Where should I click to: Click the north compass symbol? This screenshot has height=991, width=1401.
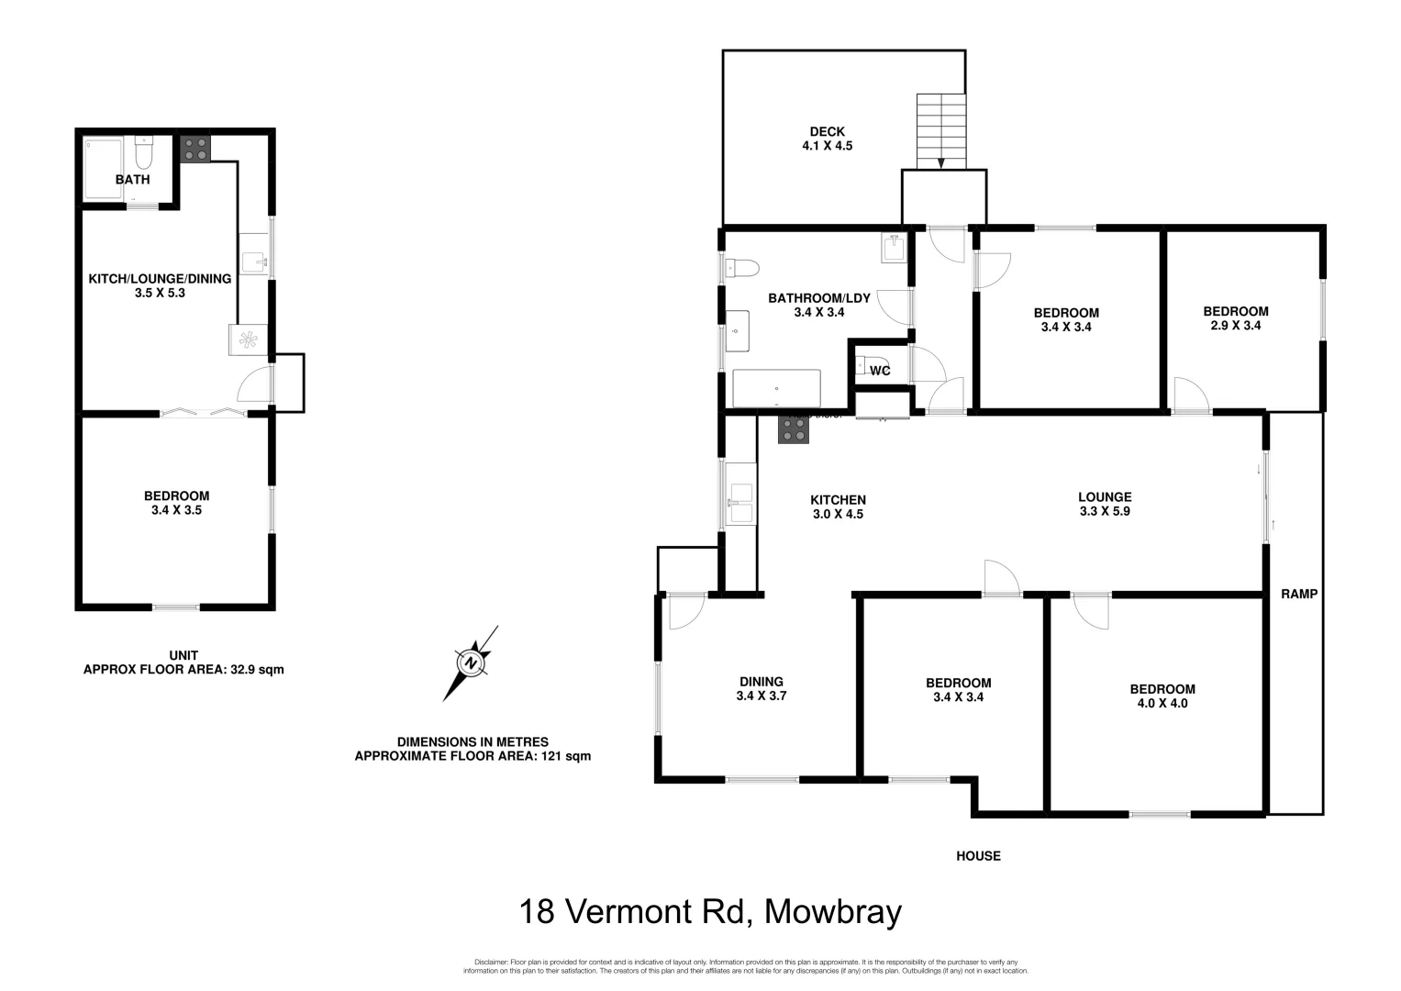[471, 663]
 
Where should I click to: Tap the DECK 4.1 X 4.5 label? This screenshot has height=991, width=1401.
[827, 139]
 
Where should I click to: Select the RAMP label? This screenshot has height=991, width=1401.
[1298, 594]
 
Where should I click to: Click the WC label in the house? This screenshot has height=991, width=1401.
[880, 371]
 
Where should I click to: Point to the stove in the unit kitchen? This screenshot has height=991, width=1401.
[195, 149]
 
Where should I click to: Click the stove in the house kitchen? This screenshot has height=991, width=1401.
[794, 429]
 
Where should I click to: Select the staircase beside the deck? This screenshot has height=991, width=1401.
[941, 130]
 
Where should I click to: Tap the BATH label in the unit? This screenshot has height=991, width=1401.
[132, 180]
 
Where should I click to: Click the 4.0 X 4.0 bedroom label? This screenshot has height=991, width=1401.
[1162, 696]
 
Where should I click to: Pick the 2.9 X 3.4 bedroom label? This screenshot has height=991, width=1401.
[1235, 318]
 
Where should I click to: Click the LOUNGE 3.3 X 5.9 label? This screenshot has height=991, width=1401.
[1105, 505]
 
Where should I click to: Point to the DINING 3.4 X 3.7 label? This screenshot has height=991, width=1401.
[762, 688]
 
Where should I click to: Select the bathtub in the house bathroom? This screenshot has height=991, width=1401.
[776, 388]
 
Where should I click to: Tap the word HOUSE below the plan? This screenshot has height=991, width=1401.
[978, 856]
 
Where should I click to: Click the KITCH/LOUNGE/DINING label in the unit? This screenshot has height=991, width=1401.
[160, 285]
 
